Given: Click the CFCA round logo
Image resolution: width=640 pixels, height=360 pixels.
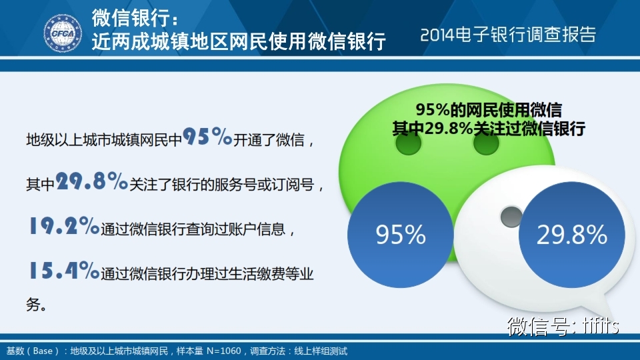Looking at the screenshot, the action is point(63,33).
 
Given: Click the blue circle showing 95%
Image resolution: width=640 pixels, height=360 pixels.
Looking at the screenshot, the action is point(401,235).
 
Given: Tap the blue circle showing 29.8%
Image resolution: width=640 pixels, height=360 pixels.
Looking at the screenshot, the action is point(572,235).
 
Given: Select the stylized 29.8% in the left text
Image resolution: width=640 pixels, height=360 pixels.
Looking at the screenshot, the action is point(92,181).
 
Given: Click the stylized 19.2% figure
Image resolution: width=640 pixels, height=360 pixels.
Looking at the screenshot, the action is point(64,225).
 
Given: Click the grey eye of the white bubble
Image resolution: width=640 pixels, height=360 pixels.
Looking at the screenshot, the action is point(511,217).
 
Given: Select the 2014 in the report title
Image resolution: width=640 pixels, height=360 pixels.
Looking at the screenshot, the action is point(437,35).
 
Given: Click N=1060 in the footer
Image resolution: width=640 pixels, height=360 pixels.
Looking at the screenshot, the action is point(224,351).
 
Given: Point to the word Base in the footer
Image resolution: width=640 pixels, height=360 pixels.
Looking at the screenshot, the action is point(43,351).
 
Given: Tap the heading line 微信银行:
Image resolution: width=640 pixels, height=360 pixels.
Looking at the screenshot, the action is point(135,17).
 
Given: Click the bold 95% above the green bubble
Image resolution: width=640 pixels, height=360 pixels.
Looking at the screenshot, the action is point(433,110).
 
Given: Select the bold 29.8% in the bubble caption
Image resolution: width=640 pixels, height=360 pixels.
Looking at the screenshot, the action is point(449,129).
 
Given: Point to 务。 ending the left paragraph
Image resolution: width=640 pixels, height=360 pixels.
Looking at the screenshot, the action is point(36,304).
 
